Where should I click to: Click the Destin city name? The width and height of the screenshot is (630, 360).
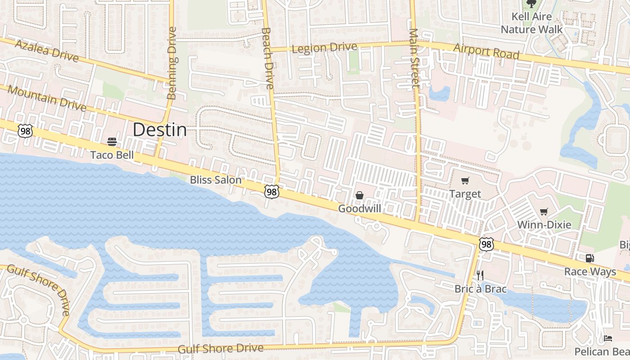pyautogui.click(x=159, y=130)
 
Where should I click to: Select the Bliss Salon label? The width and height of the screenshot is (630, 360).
pyautogui.click(x=216, y=180)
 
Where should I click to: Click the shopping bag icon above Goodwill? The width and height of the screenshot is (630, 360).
pyautogui.click(x=360, y=195)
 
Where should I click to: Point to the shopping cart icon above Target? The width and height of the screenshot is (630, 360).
pyautogui.click(x=465, y=181)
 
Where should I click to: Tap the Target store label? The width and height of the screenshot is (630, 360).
pyautogui.click(x=465, y=194)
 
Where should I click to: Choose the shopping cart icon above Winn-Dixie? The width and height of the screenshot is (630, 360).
pyautogui.click(x=544, y=211)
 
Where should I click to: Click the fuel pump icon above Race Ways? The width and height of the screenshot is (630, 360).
pyautogui.click(x=589, y=258)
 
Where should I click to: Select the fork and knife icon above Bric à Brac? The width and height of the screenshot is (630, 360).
pyautogui.click(x=480, y=275)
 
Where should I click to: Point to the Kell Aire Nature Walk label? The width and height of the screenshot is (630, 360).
pyautogui.click(x=531, y=23)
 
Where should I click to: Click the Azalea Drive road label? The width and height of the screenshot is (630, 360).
pyautogui.click(x=47, y=50)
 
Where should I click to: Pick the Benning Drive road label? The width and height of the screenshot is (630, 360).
pyautogui.click(x=172, y=63)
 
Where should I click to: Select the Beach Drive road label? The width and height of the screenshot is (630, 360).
pyautogui.click(x=267, y=58)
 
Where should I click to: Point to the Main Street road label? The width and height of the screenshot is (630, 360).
pyautogui.click(x=414, y=58)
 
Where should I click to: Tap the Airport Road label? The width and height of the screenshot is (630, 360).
pyautogui.click(x=486, y=51)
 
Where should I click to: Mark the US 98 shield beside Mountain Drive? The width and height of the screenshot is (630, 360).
pyautogui.click(x=25, y=130)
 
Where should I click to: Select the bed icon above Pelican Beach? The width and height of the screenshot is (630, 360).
pyautogui.click(x=607, y=338)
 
